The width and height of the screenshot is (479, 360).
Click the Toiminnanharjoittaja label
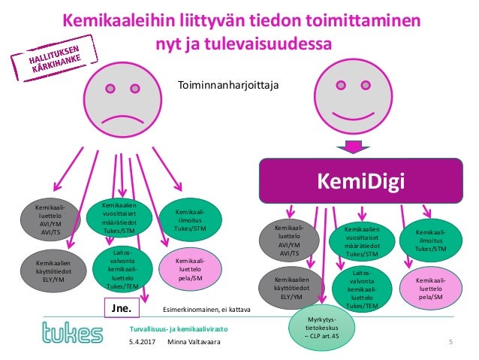227,86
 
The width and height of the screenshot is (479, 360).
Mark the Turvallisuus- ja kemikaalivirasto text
178,329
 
